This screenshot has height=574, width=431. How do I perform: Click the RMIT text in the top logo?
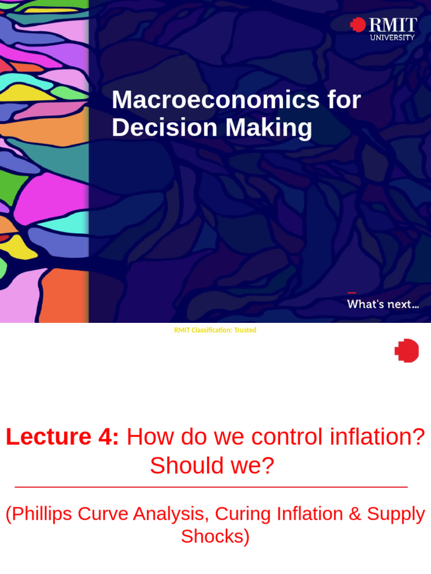click(392, 25)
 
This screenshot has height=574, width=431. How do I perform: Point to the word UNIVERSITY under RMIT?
click(392, 38)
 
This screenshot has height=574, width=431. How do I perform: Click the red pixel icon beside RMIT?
click(357, 25)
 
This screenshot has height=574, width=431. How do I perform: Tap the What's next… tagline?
click(383, 304)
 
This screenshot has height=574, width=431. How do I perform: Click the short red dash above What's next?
click(352, 293)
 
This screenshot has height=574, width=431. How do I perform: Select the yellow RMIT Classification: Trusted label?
click(215, 330)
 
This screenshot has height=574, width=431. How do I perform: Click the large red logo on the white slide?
click(407, 350)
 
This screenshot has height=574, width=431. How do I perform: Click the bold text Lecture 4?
click(62, 437)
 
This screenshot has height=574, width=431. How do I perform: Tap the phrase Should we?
click(212, 466)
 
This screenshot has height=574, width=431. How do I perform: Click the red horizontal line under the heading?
click(211, 487)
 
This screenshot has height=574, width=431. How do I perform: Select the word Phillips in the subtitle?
click(42, 513)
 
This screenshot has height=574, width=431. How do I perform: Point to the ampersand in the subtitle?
click(355, 513)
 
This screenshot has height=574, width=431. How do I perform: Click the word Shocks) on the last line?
click(215, 536)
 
